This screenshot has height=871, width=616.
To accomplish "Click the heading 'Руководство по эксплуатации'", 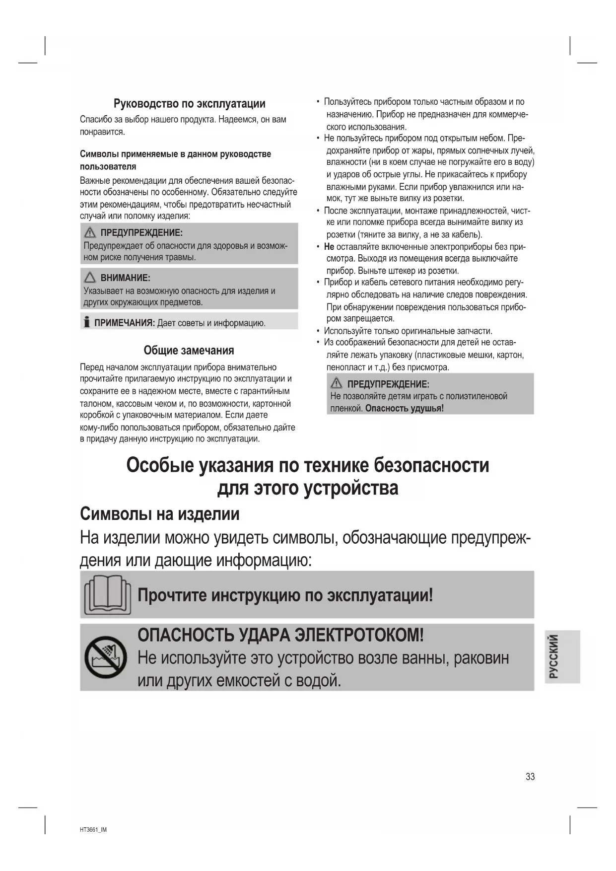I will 189,104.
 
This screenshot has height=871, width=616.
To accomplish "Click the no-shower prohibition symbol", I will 106,657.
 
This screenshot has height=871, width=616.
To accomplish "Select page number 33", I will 530,777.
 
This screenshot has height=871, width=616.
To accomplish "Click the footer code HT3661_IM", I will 93,830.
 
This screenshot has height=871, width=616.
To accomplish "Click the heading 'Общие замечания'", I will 189,351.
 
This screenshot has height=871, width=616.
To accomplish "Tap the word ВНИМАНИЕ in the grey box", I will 125,278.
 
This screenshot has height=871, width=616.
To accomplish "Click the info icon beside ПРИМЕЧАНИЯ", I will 87,322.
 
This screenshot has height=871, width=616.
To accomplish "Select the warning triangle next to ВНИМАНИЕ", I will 90,278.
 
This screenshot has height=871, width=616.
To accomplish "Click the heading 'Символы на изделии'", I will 159,514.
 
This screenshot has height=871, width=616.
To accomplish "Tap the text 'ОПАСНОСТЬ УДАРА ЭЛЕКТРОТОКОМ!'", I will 280,635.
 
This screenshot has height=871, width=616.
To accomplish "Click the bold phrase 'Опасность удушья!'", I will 405,408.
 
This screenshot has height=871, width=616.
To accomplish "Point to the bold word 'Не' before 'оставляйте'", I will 329,247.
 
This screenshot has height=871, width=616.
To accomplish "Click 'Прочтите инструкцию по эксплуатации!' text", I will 285,595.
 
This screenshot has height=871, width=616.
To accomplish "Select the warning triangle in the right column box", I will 336,383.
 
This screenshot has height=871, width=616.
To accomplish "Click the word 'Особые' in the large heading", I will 159,465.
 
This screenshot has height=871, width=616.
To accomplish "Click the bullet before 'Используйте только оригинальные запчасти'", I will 318,331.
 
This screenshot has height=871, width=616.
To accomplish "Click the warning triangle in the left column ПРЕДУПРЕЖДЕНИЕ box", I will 90,232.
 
